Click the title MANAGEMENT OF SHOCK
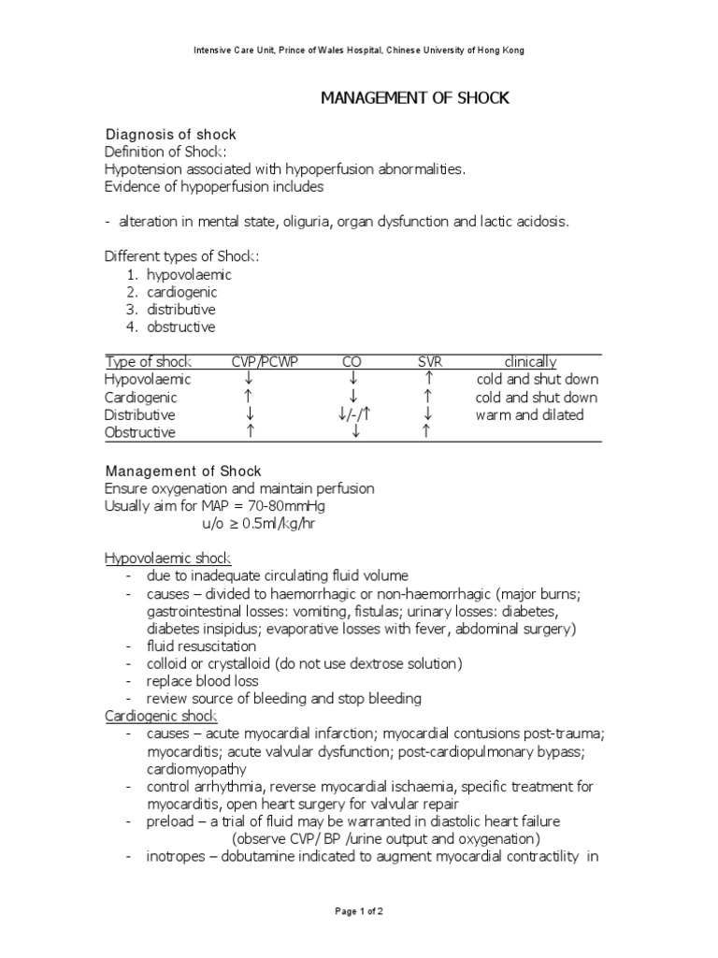coord(416,98)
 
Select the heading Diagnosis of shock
coord(170,135)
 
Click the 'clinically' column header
coord(530,362)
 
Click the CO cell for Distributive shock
coord(353,414)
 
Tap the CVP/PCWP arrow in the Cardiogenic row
coord(251,398)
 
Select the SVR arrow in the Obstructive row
coord(427,432)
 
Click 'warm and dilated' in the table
coord(529,414)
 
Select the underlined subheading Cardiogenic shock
coord(161,717)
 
